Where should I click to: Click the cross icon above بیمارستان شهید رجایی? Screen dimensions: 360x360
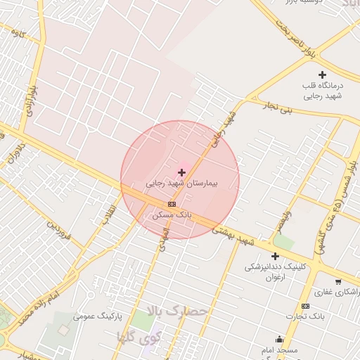182,172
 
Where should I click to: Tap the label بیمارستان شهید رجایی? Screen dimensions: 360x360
182,183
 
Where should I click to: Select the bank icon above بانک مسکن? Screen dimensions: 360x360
172,204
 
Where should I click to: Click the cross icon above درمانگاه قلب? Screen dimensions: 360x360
323,75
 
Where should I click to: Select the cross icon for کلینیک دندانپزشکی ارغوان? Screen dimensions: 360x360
275,256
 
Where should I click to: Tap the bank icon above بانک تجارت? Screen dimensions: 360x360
305,306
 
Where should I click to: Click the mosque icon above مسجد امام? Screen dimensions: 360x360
280,339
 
